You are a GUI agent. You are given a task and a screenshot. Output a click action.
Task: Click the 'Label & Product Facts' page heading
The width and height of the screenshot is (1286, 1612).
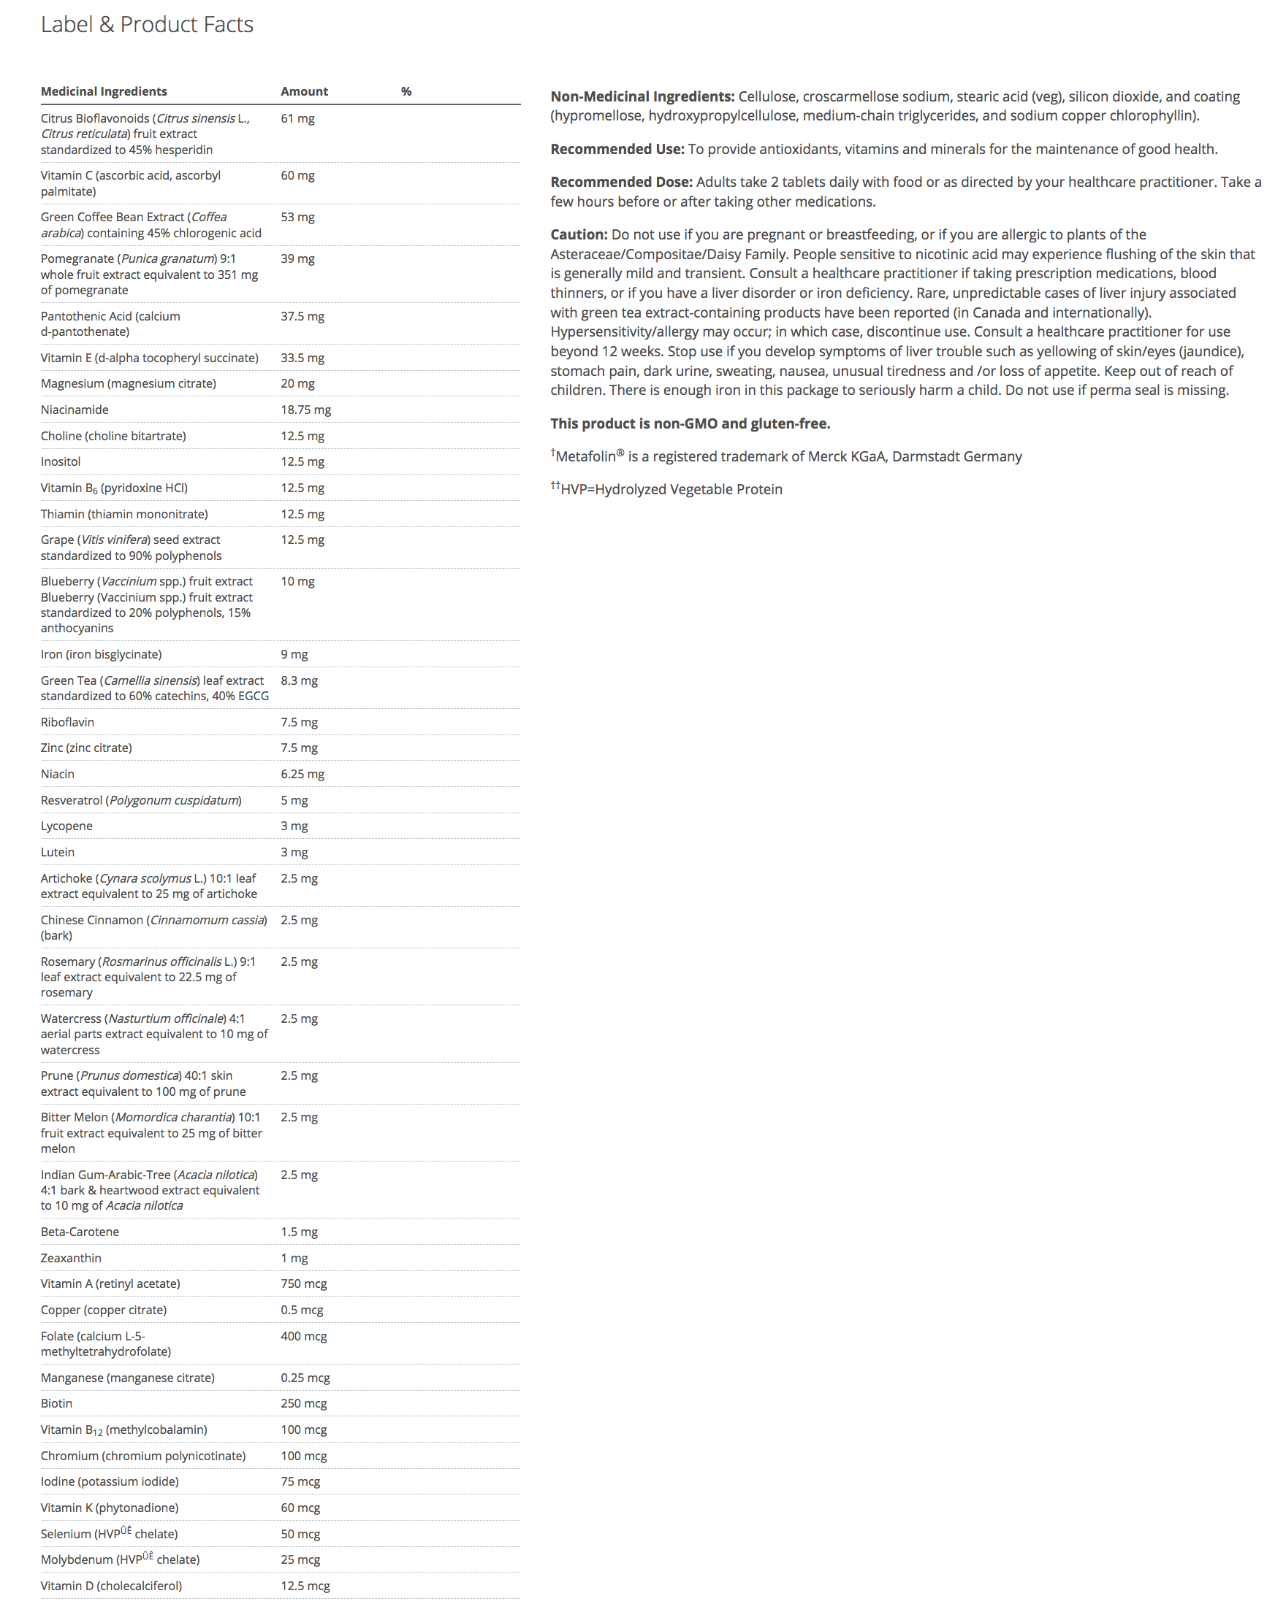pos(147,25)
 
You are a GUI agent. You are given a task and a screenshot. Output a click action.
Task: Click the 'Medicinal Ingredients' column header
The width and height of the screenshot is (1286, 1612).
pos(104,91)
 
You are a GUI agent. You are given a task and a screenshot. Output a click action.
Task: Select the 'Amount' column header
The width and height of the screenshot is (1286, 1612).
pos(304,91)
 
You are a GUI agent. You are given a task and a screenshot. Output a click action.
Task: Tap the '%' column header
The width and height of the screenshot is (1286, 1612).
pos(406,91)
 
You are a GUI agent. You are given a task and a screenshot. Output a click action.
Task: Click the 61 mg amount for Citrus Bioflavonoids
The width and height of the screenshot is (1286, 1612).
pos(297,118)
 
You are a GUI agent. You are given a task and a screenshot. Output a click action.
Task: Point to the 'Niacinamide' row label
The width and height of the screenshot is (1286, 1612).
pos(74,410)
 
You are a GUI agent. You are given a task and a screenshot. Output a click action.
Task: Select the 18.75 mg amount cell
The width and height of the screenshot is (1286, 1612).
pos(305,410)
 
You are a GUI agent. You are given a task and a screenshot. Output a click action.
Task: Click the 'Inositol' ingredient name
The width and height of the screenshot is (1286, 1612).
pos(61,461)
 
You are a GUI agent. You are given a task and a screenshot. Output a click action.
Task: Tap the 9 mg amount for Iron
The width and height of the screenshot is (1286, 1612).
pos(294,654)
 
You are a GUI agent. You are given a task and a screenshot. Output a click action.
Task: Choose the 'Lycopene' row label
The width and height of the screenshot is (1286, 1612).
pos(66,826)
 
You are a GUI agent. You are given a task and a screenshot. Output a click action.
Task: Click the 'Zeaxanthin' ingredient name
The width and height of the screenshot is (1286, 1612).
pos(70,1258)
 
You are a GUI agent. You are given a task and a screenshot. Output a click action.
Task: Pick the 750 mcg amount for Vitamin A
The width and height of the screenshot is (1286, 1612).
pos(303,1283)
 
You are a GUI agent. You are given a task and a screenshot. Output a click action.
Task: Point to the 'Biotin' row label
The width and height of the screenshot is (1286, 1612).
pos(56,1403)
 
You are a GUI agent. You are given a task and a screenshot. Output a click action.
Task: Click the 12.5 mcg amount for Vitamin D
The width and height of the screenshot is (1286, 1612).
pos(305,1585)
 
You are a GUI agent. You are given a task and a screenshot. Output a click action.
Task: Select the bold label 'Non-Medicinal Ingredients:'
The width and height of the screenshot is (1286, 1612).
pos(642,96)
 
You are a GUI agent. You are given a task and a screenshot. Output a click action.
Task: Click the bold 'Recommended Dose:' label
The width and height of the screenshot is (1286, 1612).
pos(621,182)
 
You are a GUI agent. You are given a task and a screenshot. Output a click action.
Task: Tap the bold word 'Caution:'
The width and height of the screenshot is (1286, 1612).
pos(578,234)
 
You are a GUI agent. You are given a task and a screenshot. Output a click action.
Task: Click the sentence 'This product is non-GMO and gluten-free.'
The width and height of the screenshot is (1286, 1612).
pos(690,423)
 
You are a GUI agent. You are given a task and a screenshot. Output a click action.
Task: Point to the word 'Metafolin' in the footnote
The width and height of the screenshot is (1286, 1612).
pos(585,457)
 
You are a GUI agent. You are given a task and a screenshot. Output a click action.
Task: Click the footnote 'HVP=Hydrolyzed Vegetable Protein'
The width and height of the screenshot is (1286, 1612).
pos(670,490)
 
